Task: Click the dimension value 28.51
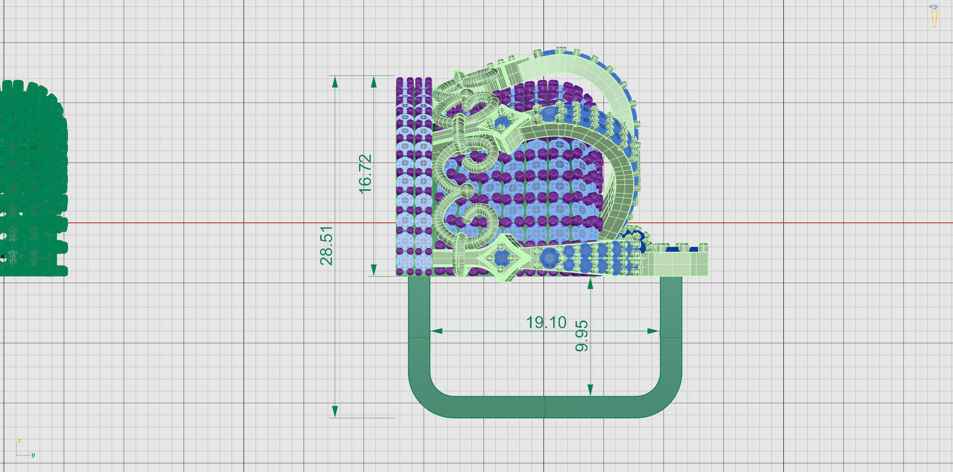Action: [326, 245]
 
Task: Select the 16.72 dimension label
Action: [365, 174]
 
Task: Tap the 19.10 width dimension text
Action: [546, 323]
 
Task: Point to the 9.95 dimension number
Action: [582, 335]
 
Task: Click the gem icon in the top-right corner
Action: [934, 16]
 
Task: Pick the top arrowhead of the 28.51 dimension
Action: [335, 82]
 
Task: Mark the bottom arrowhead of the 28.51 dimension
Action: [335, 411]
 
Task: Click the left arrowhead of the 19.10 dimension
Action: [436, 331]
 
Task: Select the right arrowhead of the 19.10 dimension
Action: [653, 331]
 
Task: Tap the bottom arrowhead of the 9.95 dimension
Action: [590, 390]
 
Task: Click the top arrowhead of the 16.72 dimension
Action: [374, 82]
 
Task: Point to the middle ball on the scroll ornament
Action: [468, 190]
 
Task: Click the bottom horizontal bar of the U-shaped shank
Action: [545, 407]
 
